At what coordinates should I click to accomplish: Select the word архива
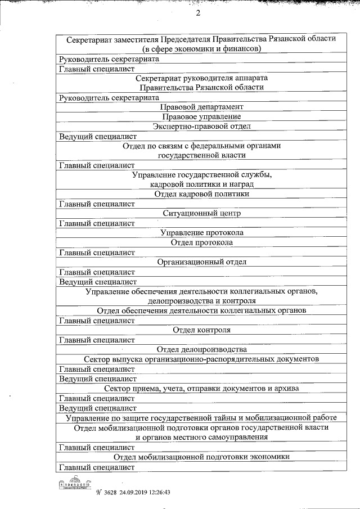coord(285,388)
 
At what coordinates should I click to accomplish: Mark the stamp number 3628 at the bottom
coord(109,491)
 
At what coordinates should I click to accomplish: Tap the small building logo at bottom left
coord(74,484)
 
